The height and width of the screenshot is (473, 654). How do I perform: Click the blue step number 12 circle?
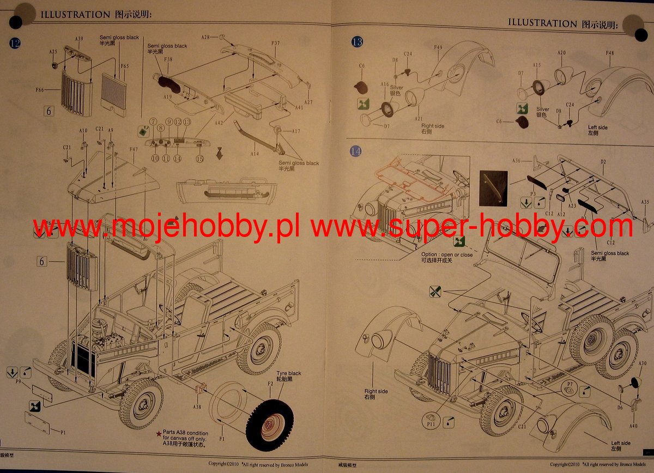pos(15,43)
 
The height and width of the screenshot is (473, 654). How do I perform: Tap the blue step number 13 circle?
pos(357,42)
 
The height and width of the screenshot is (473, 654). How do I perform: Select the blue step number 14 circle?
pos(355,151)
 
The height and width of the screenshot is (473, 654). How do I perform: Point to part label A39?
pos(79,39)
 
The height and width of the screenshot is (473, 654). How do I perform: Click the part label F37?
pos(275,43)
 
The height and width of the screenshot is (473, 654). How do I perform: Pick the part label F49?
pos(438,47)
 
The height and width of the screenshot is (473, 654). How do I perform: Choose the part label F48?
pos(609,53)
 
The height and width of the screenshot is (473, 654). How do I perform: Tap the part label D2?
pos(603,162)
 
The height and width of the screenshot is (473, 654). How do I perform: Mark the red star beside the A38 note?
pos(159,433)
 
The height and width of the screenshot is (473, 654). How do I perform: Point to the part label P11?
pos(431,423)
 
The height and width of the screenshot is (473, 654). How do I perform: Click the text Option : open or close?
pos(447,254)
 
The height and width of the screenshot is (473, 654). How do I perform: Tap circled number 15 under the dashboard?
pos(199,159)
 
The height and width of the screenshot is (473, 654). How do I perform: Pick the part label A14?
pos(254,154)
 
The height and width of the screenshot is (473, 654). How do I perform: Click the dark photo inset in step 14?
pos(493,188)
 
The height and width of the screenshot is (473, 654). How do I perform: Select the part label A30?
pos(643,363)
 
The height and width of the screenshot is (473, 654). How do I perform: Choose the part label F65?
pos(124,66)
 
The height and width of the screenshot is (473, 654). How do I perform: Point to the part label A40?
pos(633,426)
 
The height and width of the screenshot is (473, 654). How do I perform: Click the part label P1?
pos(63,432)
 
